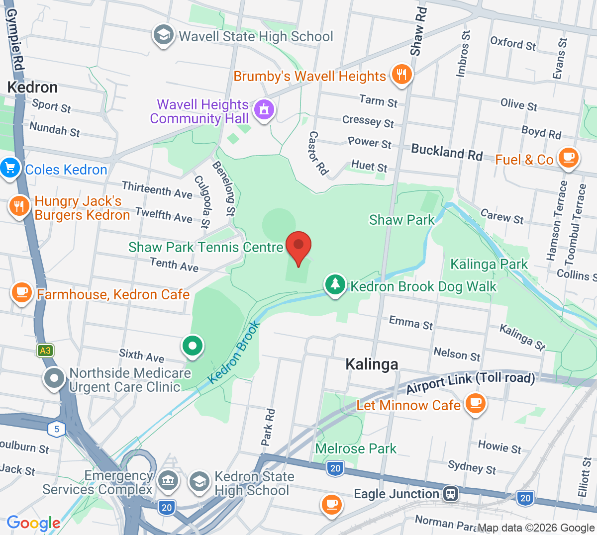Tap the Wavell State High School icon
(163, 35)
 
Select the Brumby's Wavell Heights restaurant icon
(401, 75)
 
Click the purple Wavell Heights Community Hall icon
(264, 109)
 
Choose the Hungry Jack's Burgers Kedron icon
(19, 206)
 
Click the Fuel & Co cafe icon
(568, 158)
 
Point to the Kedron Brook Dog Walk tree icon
(335, 284)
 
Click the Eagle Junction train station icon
(451, 494)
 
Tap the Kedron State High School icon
(199, 481)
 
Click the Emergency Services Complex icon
(168, 481)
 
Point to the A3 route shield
(45, 351)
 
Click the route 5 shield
(57, 429)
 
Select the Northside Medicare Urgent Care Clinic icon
(54, 378)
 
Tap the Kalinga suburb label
(372, 364)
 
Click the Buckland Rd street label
(447, 153)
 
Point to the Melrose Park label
(356, 448)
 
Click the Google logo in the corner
(33, 523)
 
